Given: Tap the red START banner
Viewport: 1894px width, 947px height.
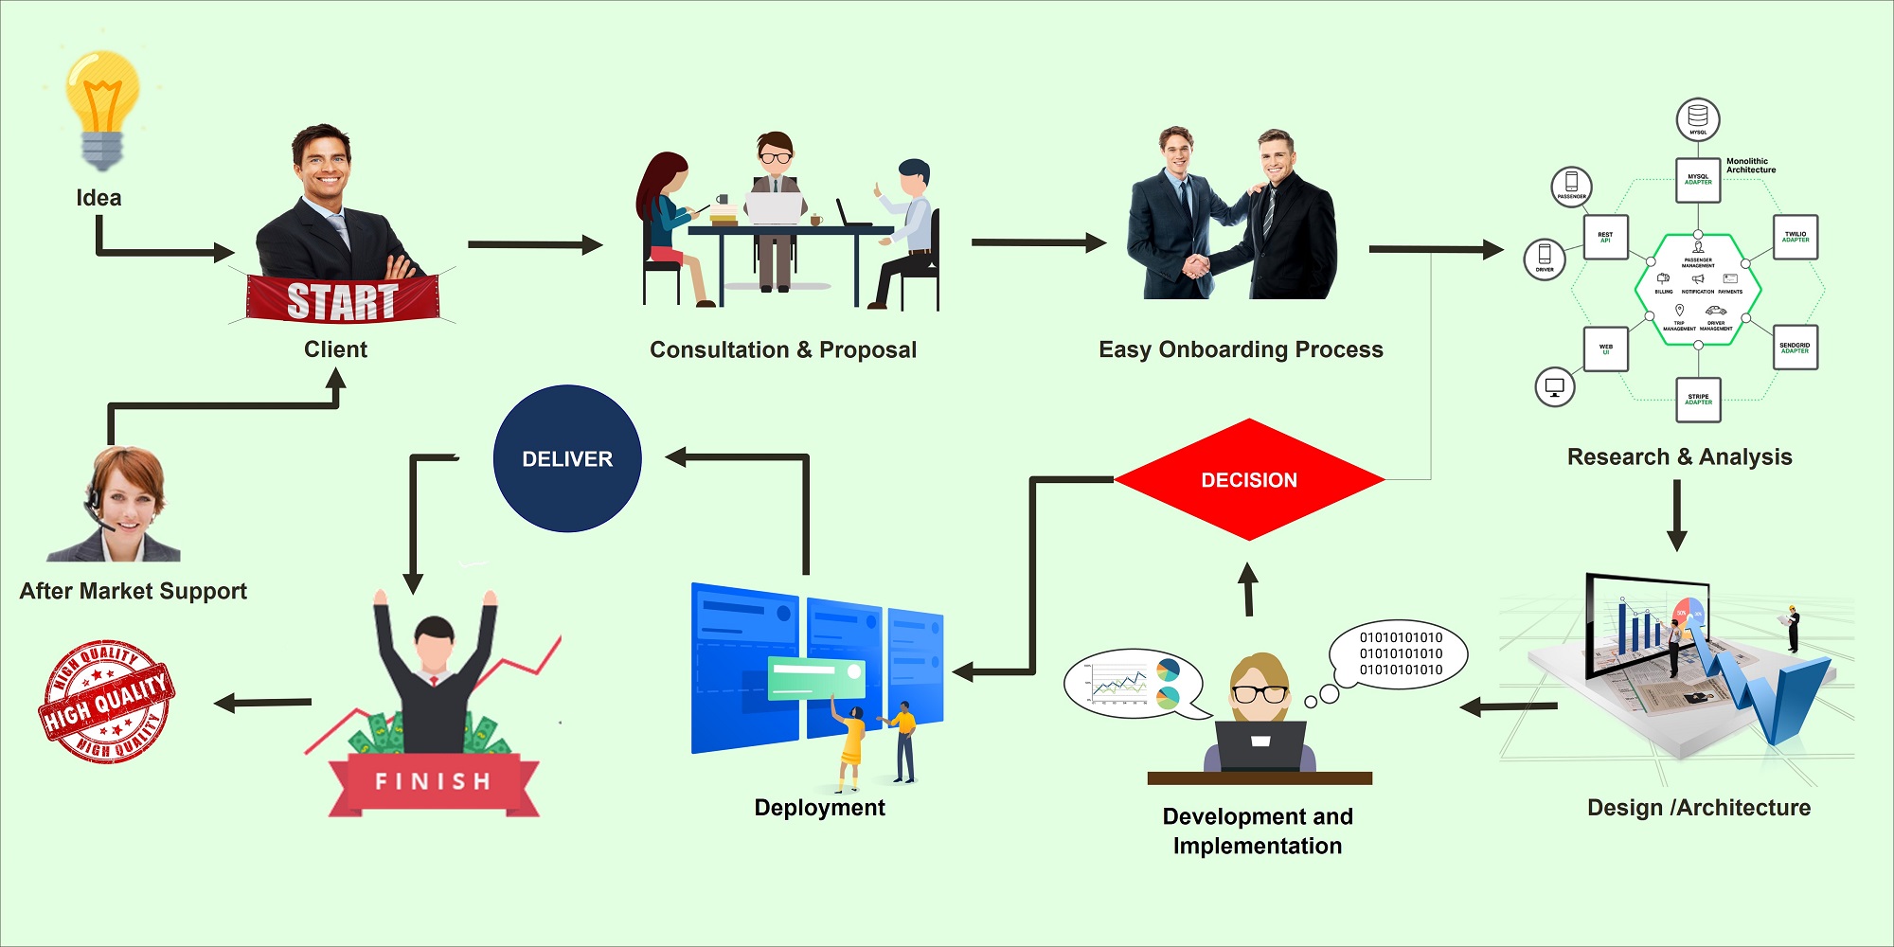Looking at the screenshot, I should pos(342,300).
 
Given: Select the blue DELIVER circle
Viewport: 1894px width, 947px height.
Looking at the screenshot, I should pos(567,458).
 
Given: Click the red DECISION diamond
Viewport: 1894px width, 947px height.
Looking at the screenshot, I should pos(1249,480).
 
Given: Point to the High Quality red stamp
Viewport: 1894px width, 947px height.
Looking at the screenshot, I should pos(106,702).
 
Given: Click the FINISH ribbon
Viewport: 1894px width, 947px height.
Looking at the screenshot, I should pos(433,781).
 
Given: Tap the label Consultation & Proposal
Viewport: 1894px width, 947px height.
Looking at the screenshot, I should pos(783,349).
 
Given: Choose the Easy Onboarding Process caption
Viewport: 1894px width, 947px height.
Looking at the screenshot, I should pos(1241,349).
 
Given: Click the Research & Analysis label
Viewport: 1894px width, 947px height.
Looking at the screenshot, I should pos(1679,456).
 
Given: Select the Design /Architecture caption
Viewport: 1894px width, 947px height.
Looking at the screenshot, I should pos(1699,808).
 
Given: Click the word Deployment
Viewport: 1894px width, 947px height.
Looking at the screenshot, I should pos(819,808).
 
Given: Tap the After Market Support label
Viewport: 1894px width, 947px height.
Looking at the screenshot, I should pos(133,591).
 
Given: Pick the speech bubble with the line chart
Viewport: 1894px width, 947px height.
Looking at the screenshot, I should pos(1132,683).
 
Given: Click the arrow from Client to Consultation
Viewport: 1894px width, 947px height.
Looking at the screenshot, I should pos(535,245).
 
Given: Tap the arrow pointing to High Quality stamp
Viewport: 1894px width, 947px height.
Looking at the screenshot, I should pos(263,703).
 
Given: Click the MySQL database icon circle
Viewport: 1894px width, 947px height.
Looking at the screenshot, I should pos(1698,118).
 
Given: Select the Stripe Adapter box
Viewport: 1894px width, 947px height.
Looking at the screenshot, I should pos(1698,399).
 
